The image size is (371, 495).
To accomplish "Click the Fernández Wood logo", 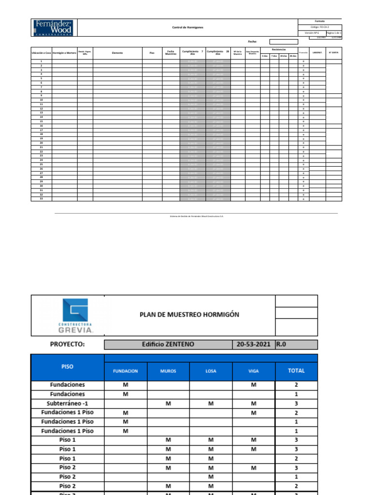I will (x=54, y=28).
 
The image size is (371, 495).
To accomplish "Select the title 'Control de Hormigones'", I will (x=188, y=28).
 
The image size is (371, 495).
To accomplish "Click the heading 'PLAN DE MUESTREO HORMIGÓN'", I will (x=189, y=315).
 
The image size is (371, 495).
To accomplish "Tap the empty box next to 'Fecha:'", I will (x=284, y=42).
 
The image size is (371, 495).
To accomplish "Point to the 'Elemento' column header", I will (x=117, y=53).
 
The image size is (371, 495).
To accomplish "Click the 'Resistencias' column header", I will (x=279, y=49).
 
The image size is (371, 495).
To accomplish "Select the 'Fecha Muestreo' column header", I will (x=171, y=53).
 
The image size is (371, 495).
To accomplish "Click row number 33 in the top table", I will (x=42, y=199).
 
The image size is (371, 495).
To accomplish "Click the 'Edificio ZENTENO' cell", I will (x=168, y=344).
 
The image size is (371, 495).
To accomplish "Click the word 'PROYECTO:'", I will (x=67, y=344).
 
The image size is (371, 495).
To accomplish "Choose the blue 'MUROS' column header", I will (x=168, y=371).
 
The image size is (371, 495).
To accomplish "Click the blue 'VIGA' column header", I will (x=254, y=371).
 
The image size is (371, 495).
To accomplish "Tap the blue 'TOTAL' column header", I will (x=296, y=371).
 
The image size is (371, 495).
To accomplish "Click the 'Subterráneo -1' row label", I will (x=67, y=403).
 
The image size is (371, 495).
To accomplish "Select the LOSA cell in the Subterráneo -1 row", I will (x=211, y=403).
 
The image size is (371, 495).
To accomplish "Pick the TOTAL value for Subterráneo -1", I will (x=296, y=403).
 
